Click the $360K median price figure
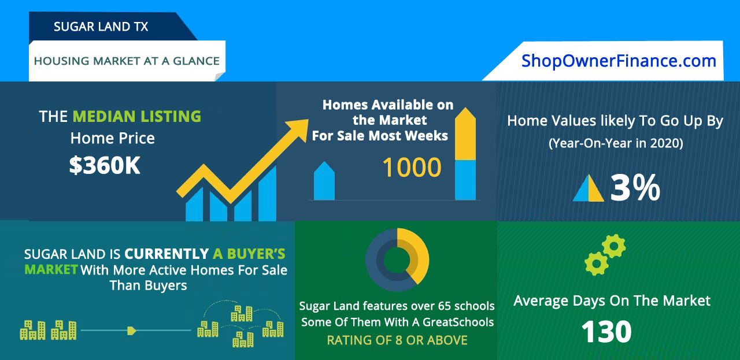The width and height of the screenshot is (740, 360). point(105,166)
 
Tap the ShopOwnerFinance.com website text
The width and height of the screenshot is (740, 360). point(619,61)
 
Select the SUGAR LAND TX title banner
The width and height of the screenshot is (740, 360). point(101,27)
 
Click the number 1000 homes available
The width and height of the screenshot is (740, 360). point(412,168)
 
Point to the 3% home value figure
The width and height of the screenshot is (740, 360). point(635,188)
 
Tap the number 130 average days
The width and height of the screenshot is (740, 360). point(606,332)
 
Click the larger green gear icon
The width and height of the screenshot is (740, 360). point(596,263)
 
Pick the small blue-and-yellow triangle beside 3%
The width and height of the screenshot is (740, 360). point(589,189)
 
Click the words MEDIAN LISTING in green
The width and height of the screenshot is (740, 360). point(136,116)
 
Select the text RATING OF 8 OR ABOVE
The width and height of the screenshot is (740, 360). point(397,340)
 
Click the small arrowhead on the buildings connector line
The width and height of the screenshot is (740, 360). point(132,331)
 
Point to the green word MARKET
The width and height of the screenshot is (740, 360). point(51,269)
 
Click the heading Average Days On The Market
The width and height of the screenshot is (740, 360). point(612,300)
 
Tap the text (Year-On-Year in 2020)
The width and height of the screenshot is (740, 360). point(615,143)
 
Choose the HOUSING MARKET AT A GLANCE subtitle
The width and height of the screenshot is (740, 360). point(127,61)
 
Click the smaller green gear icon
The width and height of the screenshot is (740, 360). point(613,246)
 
